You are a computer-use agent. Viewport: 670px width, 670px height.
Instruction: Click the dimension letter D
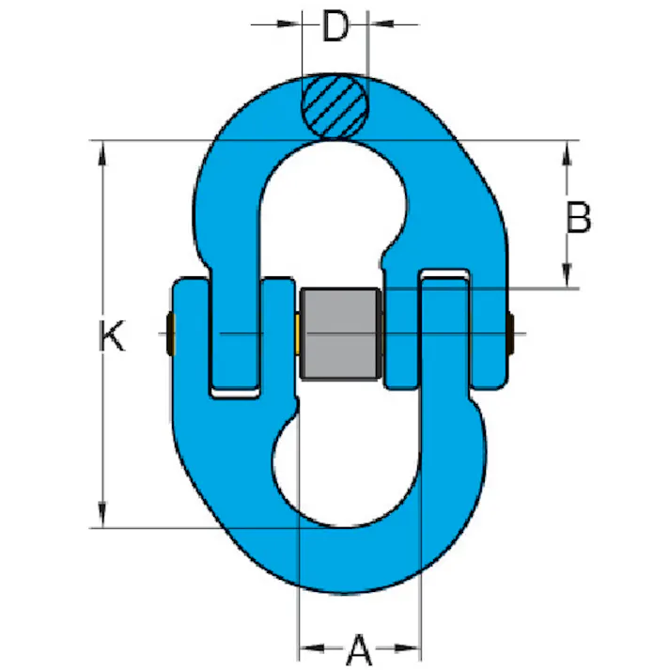tap(335, 26)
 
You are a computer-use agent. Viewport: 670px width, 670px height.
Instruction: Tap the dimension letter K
tap(112, 335)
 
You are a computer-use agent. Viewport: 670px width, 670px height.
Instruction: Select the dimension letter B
tap(579, 217)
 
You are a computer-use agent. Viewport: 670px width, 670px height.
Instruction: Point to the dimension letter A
tap(359, 650)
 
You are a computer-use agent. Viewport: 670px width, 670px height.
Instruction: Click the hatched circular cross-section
tap(335, 106)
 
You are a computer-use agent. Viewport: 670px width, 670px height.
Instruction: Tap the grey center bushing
tap(340, 335)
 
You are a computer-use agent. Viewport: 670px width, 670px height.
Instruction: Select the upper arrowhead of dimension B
tap(567, 154)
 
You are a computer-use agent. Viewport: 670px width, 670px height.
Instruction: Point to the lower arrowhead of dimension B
tap(567, 275)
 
